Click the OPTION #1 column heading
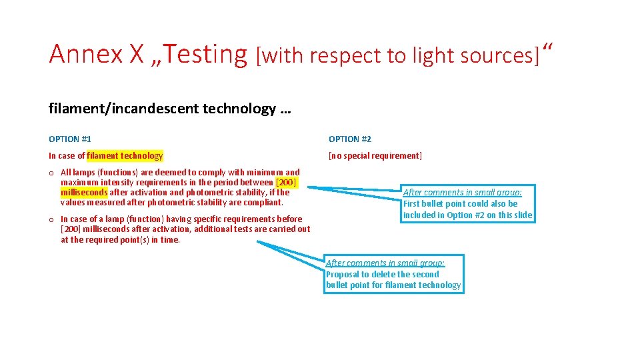[x=70, y=139]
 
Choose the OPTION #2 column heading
[x=350, y=139]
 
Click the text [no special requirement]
[x=375, y=156]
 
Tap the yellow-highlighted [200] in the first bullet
[x=286, y=182]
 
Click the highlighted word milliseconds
[x=84, y=192]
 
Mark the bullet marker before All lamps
[x=51, y=173]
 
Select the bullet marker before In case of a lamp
[x=51, y=219]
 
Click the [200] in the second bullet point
[x=71, y=229]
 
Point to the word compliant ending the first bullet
[x=265, y=202]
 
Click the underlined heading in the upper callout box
[x=462, y=193]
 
